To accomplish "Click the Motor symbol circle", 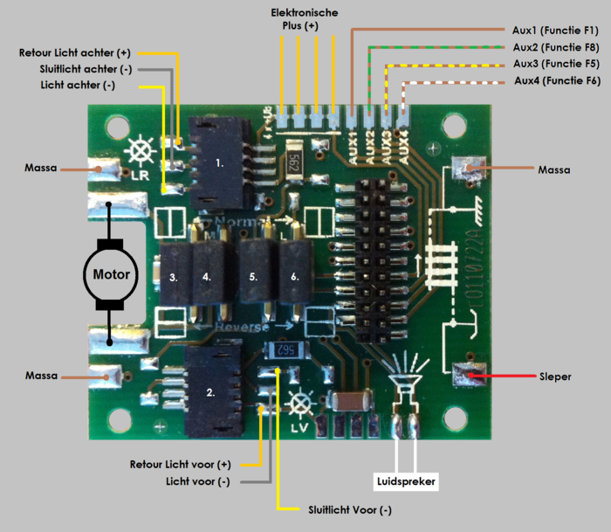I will (x=108, y=274).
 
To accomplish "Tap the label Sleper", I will (x=556, y=377).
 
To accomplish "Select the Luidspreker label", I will (x=405, y=480).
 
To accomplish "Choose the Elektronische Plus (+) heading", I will (x=304, y=20).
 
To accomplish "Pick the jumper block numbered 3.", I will (x=174, y=277).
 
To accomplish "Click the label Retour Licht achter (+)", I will (x=74, y=53).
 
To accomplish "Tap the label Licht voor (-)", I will (x=198, y=481).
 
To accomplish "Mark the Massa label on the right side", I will (x=554, y=169).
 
